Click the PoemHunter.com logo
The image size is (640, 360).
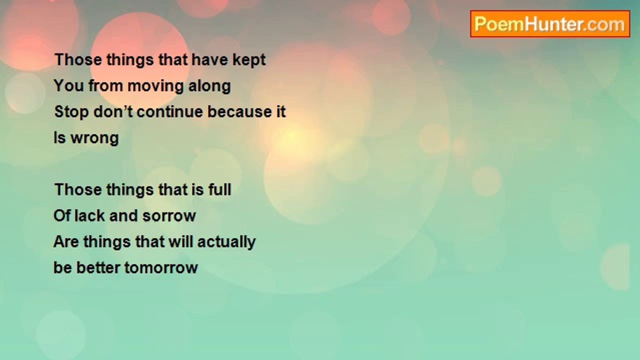pos(550,24)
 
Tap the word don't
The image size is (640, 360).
pos(113,111)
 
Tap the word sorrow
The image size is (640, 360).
pos(169,216)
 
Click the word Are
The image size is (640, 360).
pos(66,241)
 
